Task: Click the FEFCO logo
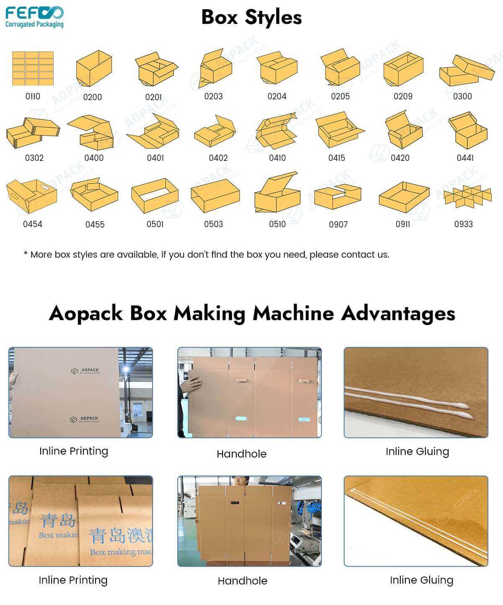pyautogui.click(x=34, y=17)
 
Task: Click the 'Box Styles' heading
pyautogui.click(x=251, y=18)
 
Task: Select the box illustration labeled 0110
pyautogui.click(x=33, y=68)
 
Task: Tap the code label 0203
pyautogui.click(x=213, y=96)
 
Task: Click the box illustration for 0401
pyautogui.click(x=153, y=131)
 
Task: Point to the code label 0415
pyautogui.click(x=337, y=158)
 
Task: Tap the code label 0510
pyautogui.click(x=277, y=224)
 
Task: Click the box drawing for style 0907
pyautogui.click(x=337, y=196)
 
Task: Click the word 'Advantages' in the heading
pyautogui.click(x=398, y=313)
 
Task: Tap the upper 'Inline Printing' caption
pyautogui.click(x=74, y=451)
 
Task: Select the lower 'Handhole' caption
pyautogui.click(x=242, y=581)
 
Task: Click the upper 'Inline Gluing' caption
pyautogui.click(x=417, y=452)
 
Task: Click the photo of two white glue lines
pyautogui.click(x=416, y=393)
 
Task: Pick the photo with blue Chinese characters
pyautogui.click(x=80, y=521)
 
